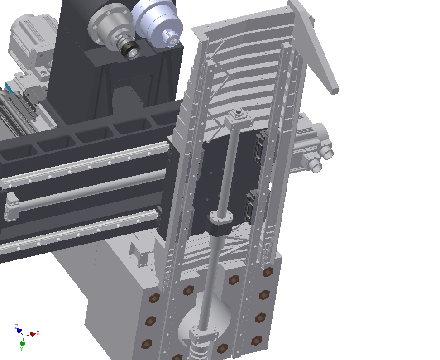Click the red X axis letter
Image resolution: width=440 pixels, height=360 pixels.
38,333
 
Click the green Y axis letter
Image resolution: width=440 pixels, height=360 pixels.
21,349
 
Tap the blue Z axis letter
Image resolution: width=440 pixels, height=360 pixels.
16,326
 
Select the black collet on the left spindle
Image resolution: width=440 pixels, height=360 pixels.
130,51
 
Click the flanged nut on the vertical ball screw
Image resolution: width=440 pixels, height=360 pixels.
221,221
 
